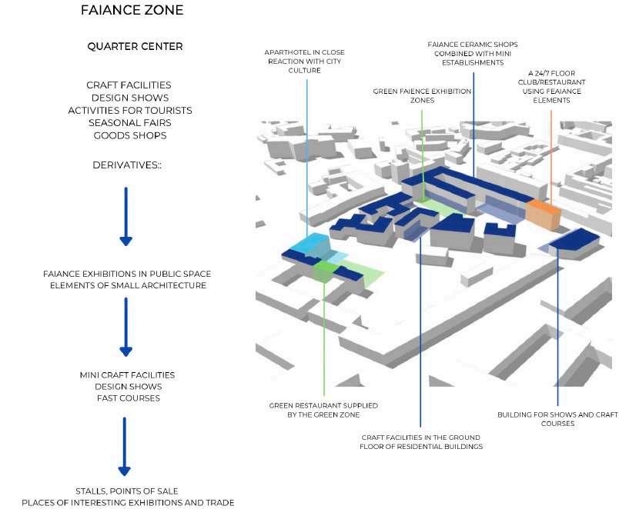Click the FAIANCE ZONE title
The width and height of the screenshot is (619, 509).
[132, 10]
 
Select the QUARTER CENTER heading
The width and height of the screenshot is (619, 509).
[135, 47]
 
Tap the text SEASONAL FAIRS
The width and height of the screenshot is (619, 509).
[130, 123]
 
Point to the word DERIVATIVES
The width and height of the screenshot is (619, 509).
[125, 165]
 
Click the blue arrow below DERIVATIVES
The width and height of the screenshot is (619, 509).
[126, 217]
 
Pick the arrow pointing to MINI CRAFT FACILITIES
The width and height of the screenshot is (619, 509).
[126, 327]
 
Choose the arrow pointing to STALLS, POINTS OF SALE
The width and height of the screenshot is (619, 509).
[125, 446]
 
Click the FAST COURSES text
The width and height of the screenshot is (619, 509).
[129, 398]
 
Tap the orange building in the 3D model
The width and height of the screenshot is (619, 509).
[543, 214]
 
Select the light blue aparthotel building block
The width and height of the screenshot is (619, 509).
[312, 245]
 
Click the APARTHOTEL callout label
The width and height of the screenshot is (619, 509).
[304, 61]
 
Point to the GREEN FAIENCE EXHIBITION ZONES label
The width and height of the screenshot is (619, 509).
[422, 96]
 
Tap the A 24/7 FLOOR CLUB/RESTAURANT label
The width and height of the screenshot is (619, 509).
[551, 87]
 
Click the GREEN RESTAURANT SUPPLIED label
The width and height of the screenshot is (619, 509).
[323, 410]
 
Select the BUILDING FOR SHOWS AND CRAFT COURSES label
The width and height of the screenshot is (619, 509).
[557, 419]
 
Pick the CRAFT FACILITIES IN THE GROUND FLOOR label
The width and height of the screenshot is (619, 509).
[421, 442]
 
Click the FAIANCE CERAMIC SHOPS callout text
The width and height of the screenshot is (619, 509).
[473, 54]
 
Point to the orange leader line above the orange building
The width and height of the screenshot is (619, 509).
[551, 155]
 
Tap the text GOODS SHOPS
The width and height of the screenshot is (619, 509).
[130, 135]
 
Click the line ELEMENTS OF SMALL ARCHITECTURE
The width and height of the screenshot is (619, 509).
[128, 285]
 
